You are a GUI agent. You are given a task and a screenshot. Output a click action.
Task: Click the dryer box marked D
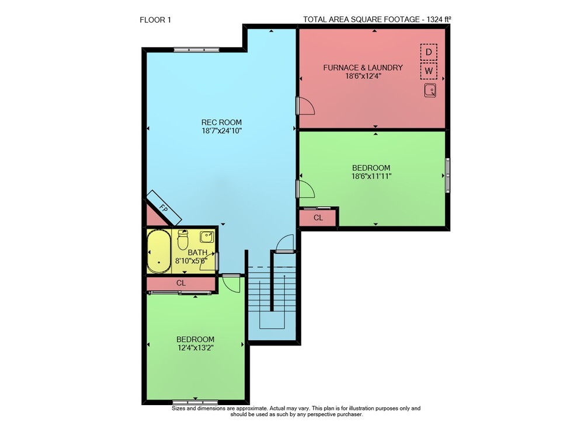pos(429,52)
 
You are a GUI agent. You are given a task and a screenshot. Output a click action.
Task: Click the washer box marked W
pos(429,71)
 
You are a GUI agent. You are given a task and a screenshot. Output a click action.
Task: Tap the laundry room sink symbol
pos(430,90)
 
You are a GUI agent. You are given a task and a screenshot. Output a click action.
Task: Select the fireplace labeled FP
pos(164,208)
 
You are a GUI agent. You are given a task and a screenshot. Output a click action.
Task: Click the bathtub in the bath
pos(159,252)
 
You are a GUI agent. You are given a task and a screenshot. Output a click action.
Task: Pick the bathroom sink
pos(207,237)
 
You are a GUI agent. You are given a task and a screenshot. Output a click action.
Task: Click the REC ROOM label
pos(221,122)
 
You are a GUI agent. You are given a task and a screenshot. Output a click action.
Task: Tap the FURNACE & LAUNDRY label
pos(363,68)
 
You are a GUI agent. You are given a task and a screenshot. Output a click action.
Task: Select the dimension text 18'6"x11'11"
pos(371,176)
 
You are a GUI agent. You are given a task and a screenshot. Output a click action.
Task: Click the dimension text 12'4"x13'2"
pos(196,348)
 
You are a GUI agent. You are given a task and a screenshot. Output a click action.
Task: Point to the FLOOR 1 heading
pos(155,20)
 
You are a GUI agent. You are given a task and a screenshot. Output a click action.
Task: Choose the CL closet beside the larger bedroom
pos(318,218)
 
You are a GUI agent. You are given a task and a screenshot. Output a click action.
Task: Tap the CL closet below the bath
pos(181,284)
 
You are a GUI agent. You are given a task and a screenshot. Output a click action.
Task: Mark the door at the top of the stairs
pos(285,244)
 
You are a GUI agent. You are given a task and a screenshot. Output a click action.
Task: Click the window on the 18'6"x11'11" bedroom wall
pos(448,176)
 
